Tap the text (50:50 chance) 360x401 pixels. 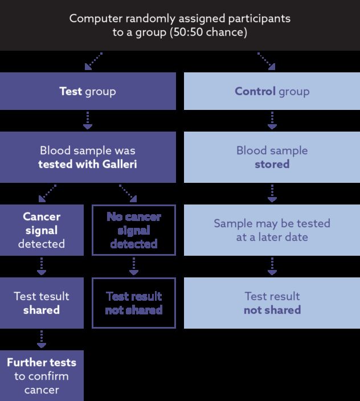point(208,32)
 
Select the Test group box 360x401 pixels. point(88,91)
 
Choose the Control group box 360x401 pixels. point(272,91)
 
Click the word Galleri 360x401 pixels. point(120,164)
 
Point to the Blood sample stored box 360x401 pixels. point(272,157)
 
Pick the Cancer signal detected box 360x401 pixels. point(42,230)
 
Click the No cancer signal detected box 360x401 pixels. point(134,230)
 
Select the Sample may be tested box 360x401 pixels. point(272,230)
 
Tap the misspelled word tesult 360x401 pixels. point(56,296)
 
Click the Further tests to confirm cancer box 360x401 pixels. point(42,376)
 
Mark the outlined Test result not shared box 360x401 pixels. point(134,303)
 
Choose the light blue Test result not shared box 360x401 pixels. point(272,303)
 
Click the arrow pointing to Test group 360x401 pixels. point(93,62)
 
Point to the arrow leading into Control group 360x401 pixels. point(267,62)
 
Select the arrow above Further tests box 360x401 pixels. point(42,339)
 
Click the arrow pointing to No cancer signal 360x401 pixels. point(128,193)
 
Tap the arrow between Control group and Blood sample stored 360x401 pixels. point(272,120)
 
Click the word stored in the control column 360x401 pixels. point(272,164)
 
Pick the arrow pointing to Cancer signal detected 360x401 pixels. point(47,193)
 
